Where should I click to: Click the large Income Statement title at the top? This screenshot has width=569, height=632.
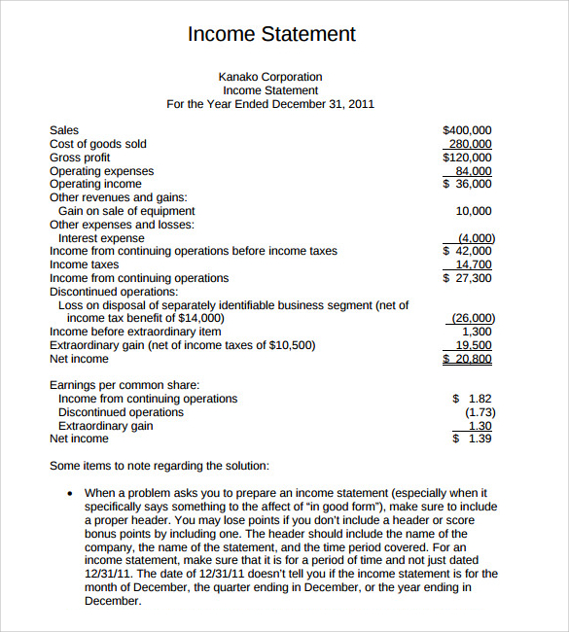click(271, 34)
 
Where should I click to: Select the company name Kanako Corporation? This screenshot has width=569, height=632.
click(270, 77)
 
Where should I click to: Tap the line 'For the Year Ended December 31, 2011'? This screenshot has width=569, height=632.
click(270, 104)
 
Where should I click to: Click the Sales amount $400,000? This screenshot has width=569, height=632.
click(467, 130)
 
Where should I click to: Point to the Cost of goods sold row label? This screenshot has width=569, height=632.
click(98, 144)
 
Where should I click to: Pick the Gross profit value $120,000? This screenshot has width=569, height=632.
click(467, 158)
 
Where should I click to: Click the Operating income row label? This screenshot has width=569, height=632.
click(95, 184)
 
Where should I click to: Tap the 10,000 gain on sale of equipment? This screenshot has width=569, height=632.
click(474, 211)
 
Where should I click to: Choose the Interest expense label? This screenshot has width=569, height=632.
click(101, 238)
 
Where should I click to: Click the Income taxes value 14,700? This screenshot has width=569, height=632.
click(474, 264)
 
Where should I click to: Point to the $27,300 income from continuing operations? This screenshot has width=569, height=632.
click(468, 278)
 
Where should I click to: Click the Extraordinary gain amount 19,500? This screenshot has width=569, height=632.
click(474, 345)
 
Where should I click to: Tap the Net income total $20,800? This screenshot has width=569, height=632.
click(468, 359)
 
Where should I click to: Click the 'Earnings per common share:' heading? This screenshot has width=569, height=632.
click(124, 385)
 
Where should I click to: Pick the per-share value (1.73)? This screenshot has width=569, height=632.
click(479, 412)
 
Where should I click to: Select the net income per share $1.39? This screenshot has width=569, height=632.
click(473, 439)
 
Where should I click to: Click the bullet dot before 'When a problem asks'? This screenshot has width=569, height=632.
click(69, 494)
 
